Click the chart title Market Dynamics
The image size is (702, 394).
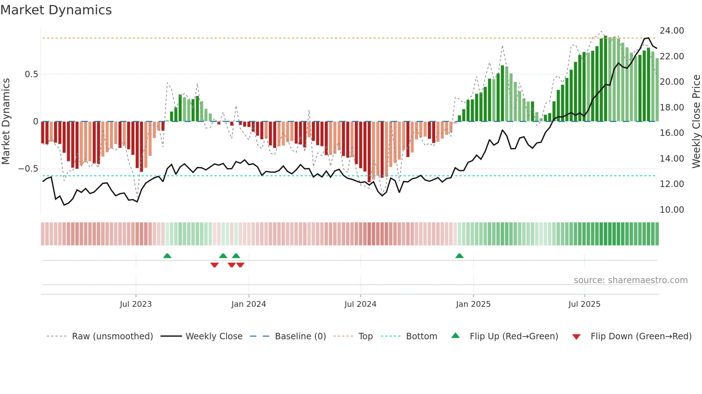pyautogui.click(x=56, y=10)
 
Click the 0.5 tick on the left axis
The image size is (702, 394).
pyautogui.click(x=31, y=74)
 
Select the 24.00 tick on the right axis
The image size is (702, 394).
pyautogui.click(x=672, y=31)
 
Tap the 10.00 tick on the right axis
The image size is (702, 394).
pyautogui.click(x=672, y=210)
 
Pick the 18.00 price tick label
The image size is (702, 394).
pyautogui.click(x=672, y=108)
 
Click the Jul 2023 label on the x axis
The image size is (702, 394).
pyautogui.click(x=136, y=304)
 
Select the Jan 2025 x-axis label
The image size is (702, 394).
pyautogui.click(x=473, y=304)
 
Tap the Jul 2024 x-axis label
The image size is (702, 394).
pyautogui.click(x=360, y=304)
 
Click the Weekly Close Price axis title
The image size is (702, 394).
pyautogui.click(x=696, y=122)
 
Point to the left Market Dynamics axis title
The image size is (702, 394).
pyautogui.click(x=6, y=122)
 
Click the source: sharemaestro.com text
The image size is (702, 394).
pyautogui.click(x=630, y=280)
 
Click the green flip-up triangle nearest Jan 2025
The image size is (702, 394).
pyautogui.click(x=459, y=256)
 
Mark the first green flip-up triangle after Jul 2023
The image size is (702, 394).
pyautogui.click(x=167, y=256)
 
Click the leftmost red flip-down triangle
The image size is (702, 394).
pyautogui.click(x=215, y=265)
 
